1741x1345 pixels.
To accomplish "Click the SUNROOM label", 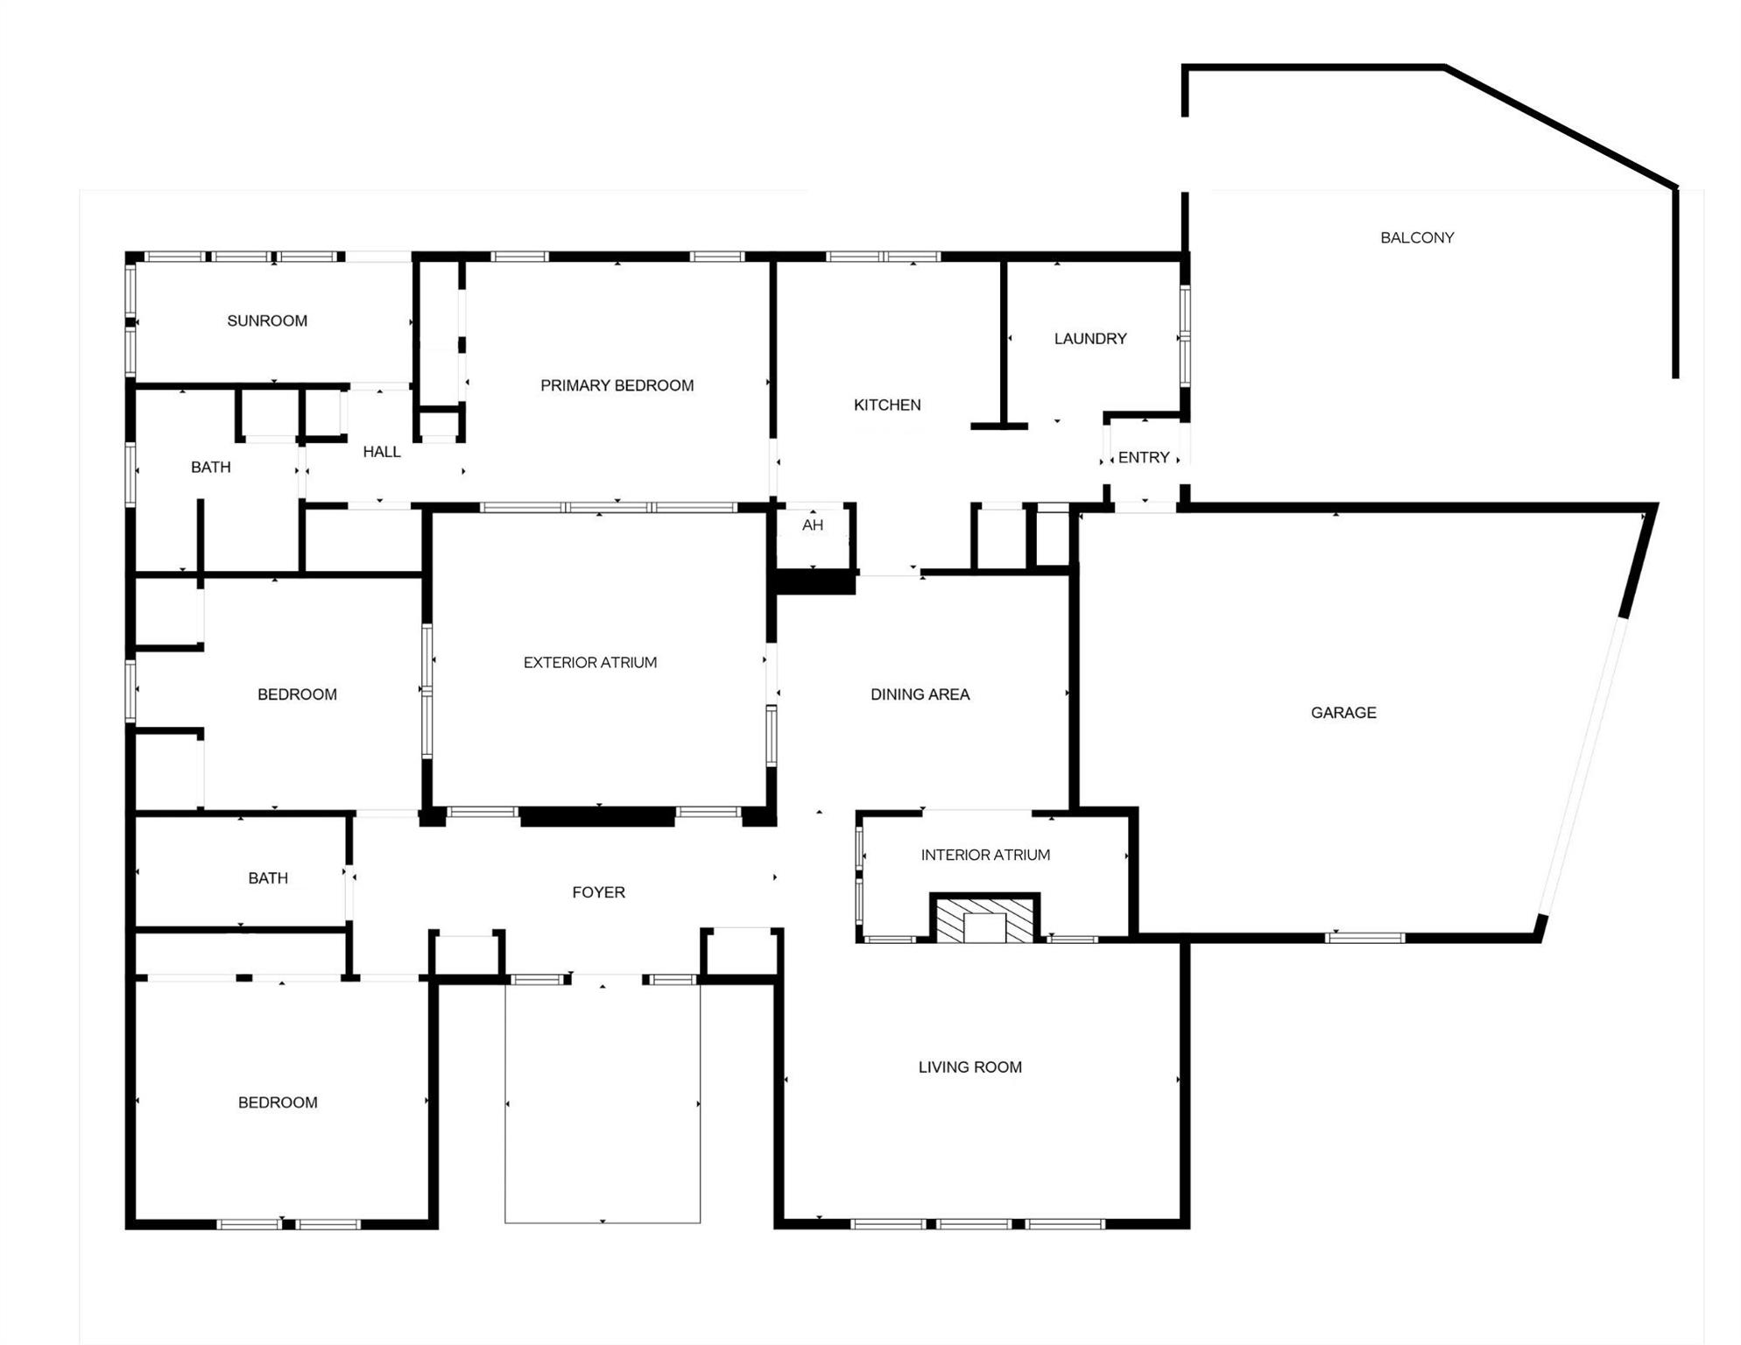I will pyautogui.click(x=267, y=321).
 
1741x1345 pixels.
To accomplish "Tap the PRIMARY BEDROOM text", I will pyautogui.click(x=617, y=385).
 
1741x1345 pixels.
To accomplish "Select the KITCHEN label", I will pyautogui.click(x=887, y=405).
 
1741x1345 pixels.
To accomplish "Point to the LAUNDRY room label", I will pyautogui.click(x=1089, y=339).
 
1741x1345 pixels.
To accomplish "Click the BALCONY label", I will pyautogui.click(x=1416, y=237).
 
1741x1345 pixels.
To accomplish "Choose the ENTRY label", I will pyautogui.click(x=1143, y=457).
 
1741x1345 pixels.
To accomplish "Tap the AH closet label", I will pyautogui.click(x=812, y=525).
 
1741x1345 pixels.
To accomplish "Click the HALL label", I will pyautogui.click(x=381, y=452).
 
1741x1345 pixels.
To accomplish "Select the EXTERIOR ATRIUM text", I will pyautogui.click(x=589, y=663).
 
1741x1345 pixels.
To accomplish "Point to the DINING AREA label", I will pyautogui.click(x=920, y=694).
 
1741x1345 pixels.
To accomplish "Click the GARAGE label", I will pyautogui.click(x=1343, y=713).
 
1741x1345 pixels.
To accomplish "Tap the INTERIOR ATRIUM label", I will pyautogui.click(x=985, y=855).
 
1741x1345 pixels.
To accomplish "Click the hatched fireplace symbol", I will pyautogui.click(x=984, y=919).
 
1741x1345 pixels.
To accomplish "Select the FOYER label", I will pyautogui.click(x=598, y=892).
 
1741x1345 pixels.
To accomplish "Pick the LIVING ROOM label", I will pyautogui.click(x=969, y=1067).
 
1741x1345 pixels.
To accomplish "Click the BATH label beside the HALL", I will pyautogui.click(x=211, y=468).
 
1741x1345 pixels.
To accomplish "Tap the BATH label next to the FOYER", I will pyautogui.click(x=267, y=878).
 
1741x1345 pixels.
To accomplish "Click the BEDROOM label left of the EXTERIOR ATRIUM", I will pyautogui.click(x=297, y=694).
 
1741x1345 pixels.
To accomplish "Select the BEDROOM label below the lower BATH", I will pyautogui.click(x=278, y=1102).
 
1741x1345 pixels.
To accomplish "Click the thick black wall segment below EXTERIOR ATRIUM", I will pyautogui.click(x=597, y=816).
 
